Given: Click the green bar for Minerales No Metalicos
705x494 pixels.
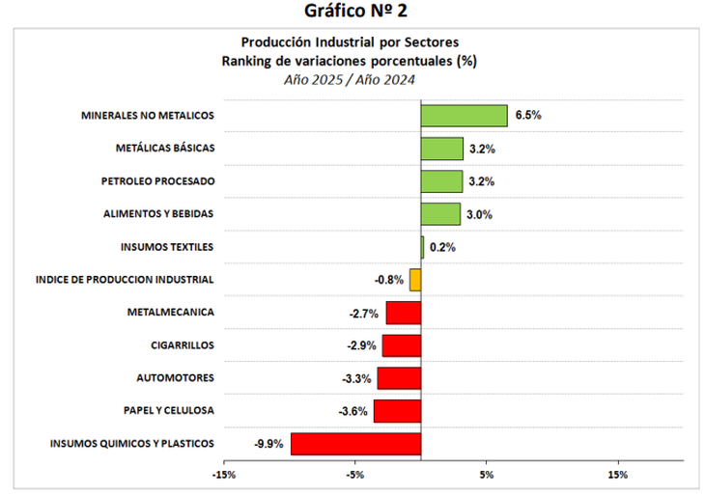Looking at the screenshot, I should point(464,115).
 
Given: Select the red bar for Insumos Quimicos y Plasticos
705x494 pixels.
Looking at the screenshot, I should point(355,444).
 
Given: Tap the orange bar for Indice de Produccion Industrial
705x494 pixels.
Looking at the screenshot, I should point(415,280).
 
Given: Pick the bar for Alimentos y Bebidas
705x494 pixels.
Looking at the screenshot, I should point(440,213).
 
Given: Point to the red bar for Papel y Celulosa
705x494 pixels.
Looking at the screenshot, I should point(397,411).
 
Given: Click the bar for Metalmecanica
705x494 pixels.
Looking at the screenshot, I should point(403,313).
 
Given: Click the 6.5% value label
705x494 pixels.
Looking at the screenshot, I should point(528,115).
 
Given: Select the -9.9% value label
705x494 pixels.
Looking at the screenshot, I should point(268,444).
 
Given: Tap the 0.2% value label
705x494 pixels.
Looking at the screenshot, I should point(442,247).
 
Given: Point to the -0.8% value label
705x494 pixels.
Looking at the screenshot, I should point(388,280).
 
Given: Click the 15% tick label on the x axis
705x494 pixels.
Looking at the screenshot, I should point(619,475).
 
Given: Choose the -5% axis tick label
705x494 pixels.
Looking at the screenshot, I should point(355,475).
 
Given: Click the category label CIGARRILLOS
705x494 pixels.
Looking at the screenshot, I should point(183,344).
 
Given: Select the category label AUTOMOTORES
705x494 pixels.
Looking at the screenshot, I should point(176,377).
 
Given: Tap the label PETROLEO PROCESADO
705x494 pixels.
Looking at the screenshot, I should point(157,180).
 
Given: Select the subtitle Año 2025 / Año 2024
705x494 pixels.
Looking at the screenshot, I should point(350,80).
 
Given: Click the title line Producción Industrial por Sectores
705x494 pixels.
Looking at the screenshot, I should point(350,42).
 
